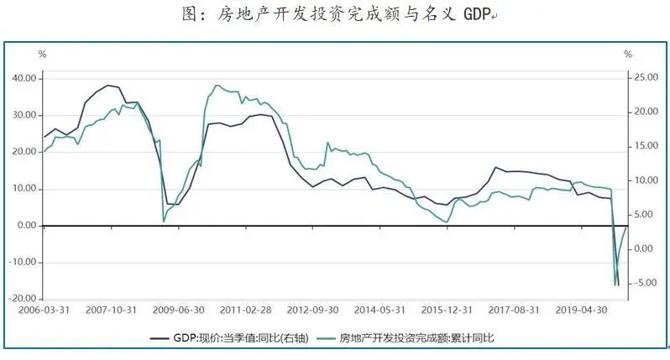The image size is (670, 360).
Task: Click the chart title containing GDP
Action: pos(334,15)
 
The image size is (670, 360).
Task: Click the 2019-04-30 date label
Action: pos(588,310)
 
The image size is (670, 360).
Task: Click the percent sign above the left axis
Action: pos(42,54)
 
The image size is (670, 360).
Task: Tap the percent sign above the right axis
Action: pos(627,54)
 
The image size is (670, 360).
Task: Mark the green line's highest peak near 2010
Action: pos(217,85)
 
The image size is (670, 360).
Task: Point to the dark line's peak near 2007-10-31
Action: pos(108,85)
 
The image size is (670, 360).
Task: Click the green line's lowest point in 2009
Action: pos(164,222)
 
